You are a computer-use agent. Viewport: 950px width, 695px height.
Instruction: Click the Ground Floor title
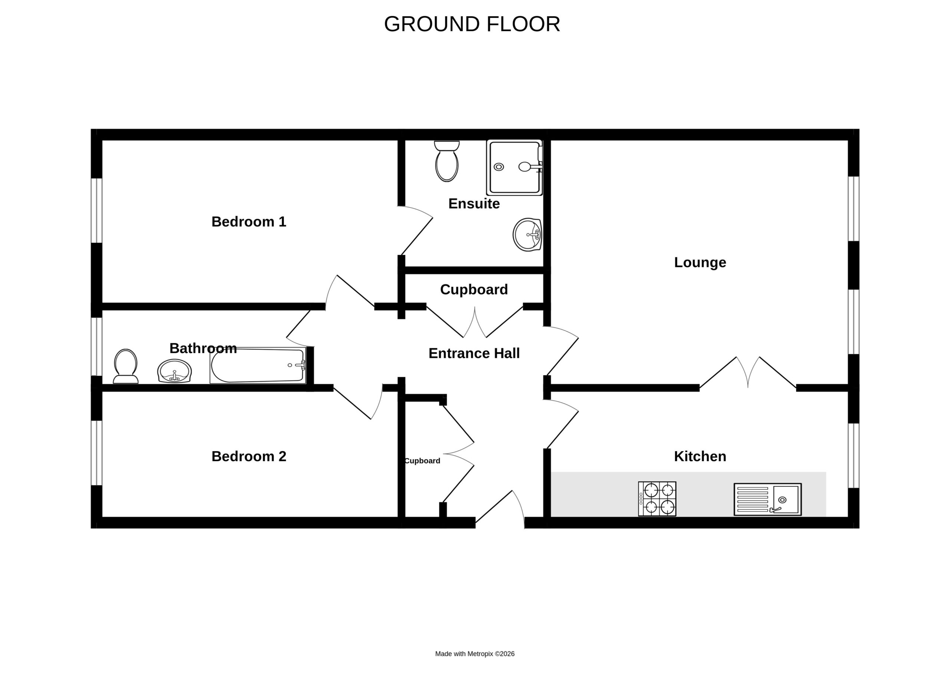472,24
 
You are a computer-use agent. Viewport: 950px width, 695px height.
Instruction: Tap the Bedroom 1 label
249,222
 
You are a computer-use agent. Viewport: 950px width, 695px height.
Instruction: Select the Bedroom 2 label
249,456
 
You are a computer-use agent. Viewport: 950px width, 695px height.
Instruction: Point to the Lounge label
700,262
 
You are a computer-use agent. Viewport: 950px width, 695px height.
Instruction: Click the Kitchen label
700,456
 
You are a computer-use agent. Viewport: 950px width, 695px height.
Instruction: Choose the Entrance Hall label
474,353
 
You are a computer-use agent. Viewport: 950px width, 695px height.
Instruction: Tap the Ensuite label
474,203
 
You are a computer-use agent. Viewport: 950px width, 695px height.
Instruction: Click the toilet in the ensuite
447,161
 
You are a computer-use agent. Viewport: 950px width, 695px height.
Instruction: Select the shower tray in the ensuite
514,167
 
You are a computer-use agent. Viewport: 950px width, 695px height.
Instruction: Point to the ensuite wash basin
527,235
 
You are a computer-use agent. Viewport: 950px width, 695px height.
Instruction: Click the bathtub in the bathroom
258,365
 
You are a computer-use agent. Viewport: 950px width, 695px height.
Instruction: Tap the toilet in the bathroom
125,366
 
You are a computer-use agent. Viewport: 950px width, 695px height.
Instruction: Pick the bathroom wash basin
174,371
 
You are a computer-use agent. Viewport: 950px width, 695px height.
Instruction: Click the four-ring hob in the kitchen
657,499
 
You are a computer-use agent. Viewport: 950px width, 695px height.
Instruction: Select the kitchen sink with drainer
767,499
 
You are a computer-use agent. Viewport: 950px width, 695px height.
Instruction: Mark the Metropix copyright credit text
475,654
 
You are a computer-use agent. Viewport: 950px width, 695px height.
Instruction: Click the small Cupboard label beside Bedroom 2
422,461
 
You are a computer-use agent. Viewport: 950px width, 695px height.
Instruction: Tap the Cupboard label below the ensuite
474,290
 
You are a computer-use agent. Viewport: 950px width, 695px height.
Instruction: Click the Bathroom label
203,348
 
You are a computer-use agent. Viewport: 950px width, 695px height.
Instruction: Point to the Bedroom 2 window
97,453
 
